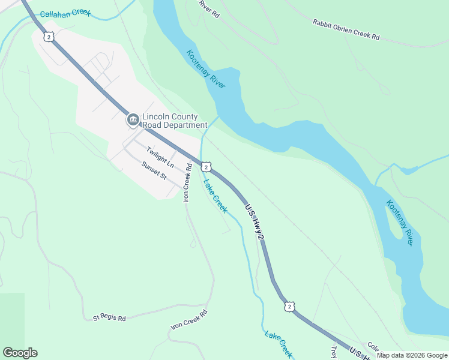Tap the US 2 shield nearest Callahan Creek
(49, 37)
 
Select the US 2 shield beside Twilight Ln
(205, 166)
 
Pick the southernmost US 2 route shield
(290, 307)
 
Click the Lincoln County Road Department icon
(132, 121)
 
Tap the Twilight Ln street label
(160, 160)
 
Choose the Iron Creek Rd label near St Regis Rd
(189, 320)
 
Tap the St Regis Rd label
(109, 318)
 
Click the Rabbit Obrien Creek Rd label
(346, 29)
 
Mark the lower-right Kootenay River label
(400, 222)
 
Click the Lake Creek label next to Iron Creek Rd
(215, 196)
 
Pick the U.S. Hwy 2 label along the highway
(255, 222)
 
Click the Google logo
(20, 353)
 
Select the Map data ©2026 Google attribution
(412, 355)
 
